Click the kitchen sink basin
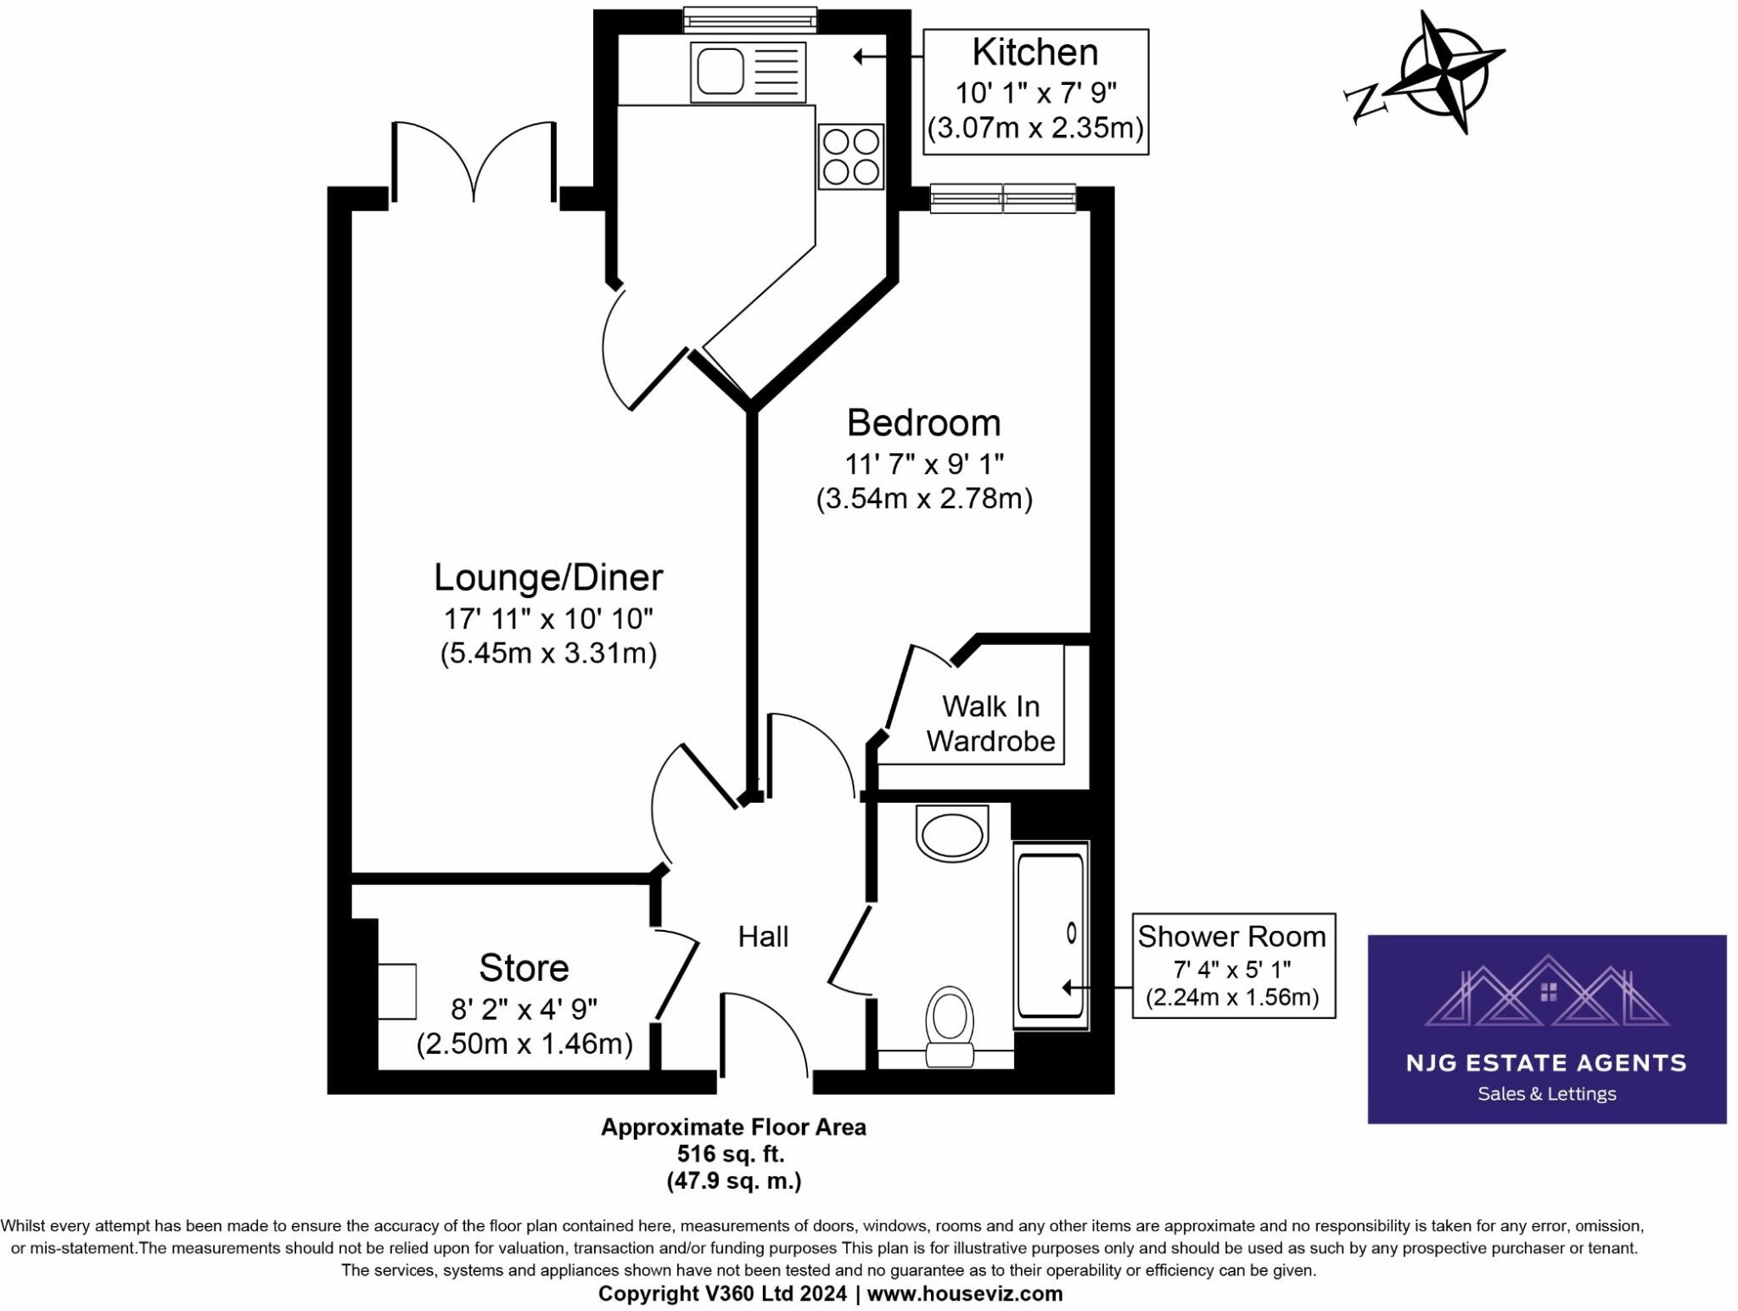point(720,71)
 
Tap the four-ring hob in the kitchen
point(851,157)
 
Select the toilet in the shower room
point(950,1025)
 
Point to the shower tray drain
point(1071,933)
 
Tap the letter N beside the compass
point(1365,103)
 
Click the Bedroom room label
point(923,423)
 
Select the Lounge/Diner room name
point(548,578)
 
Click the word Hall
point(763,937)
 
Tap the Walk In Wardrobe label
point(990,724)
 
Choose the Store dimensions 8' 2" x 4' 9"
point(524,1009)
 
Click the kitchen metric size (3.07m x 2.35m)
point(1035,128)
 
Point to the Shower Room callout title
point(1231,937)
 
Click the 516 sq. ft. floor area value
point(731,1154)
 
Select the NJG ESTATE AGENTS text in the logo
point(1546,1063)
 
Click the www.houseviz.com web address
point(964,1293)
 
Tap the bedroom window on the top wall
point(1003,199)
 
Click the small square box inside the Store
point(396,991)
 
